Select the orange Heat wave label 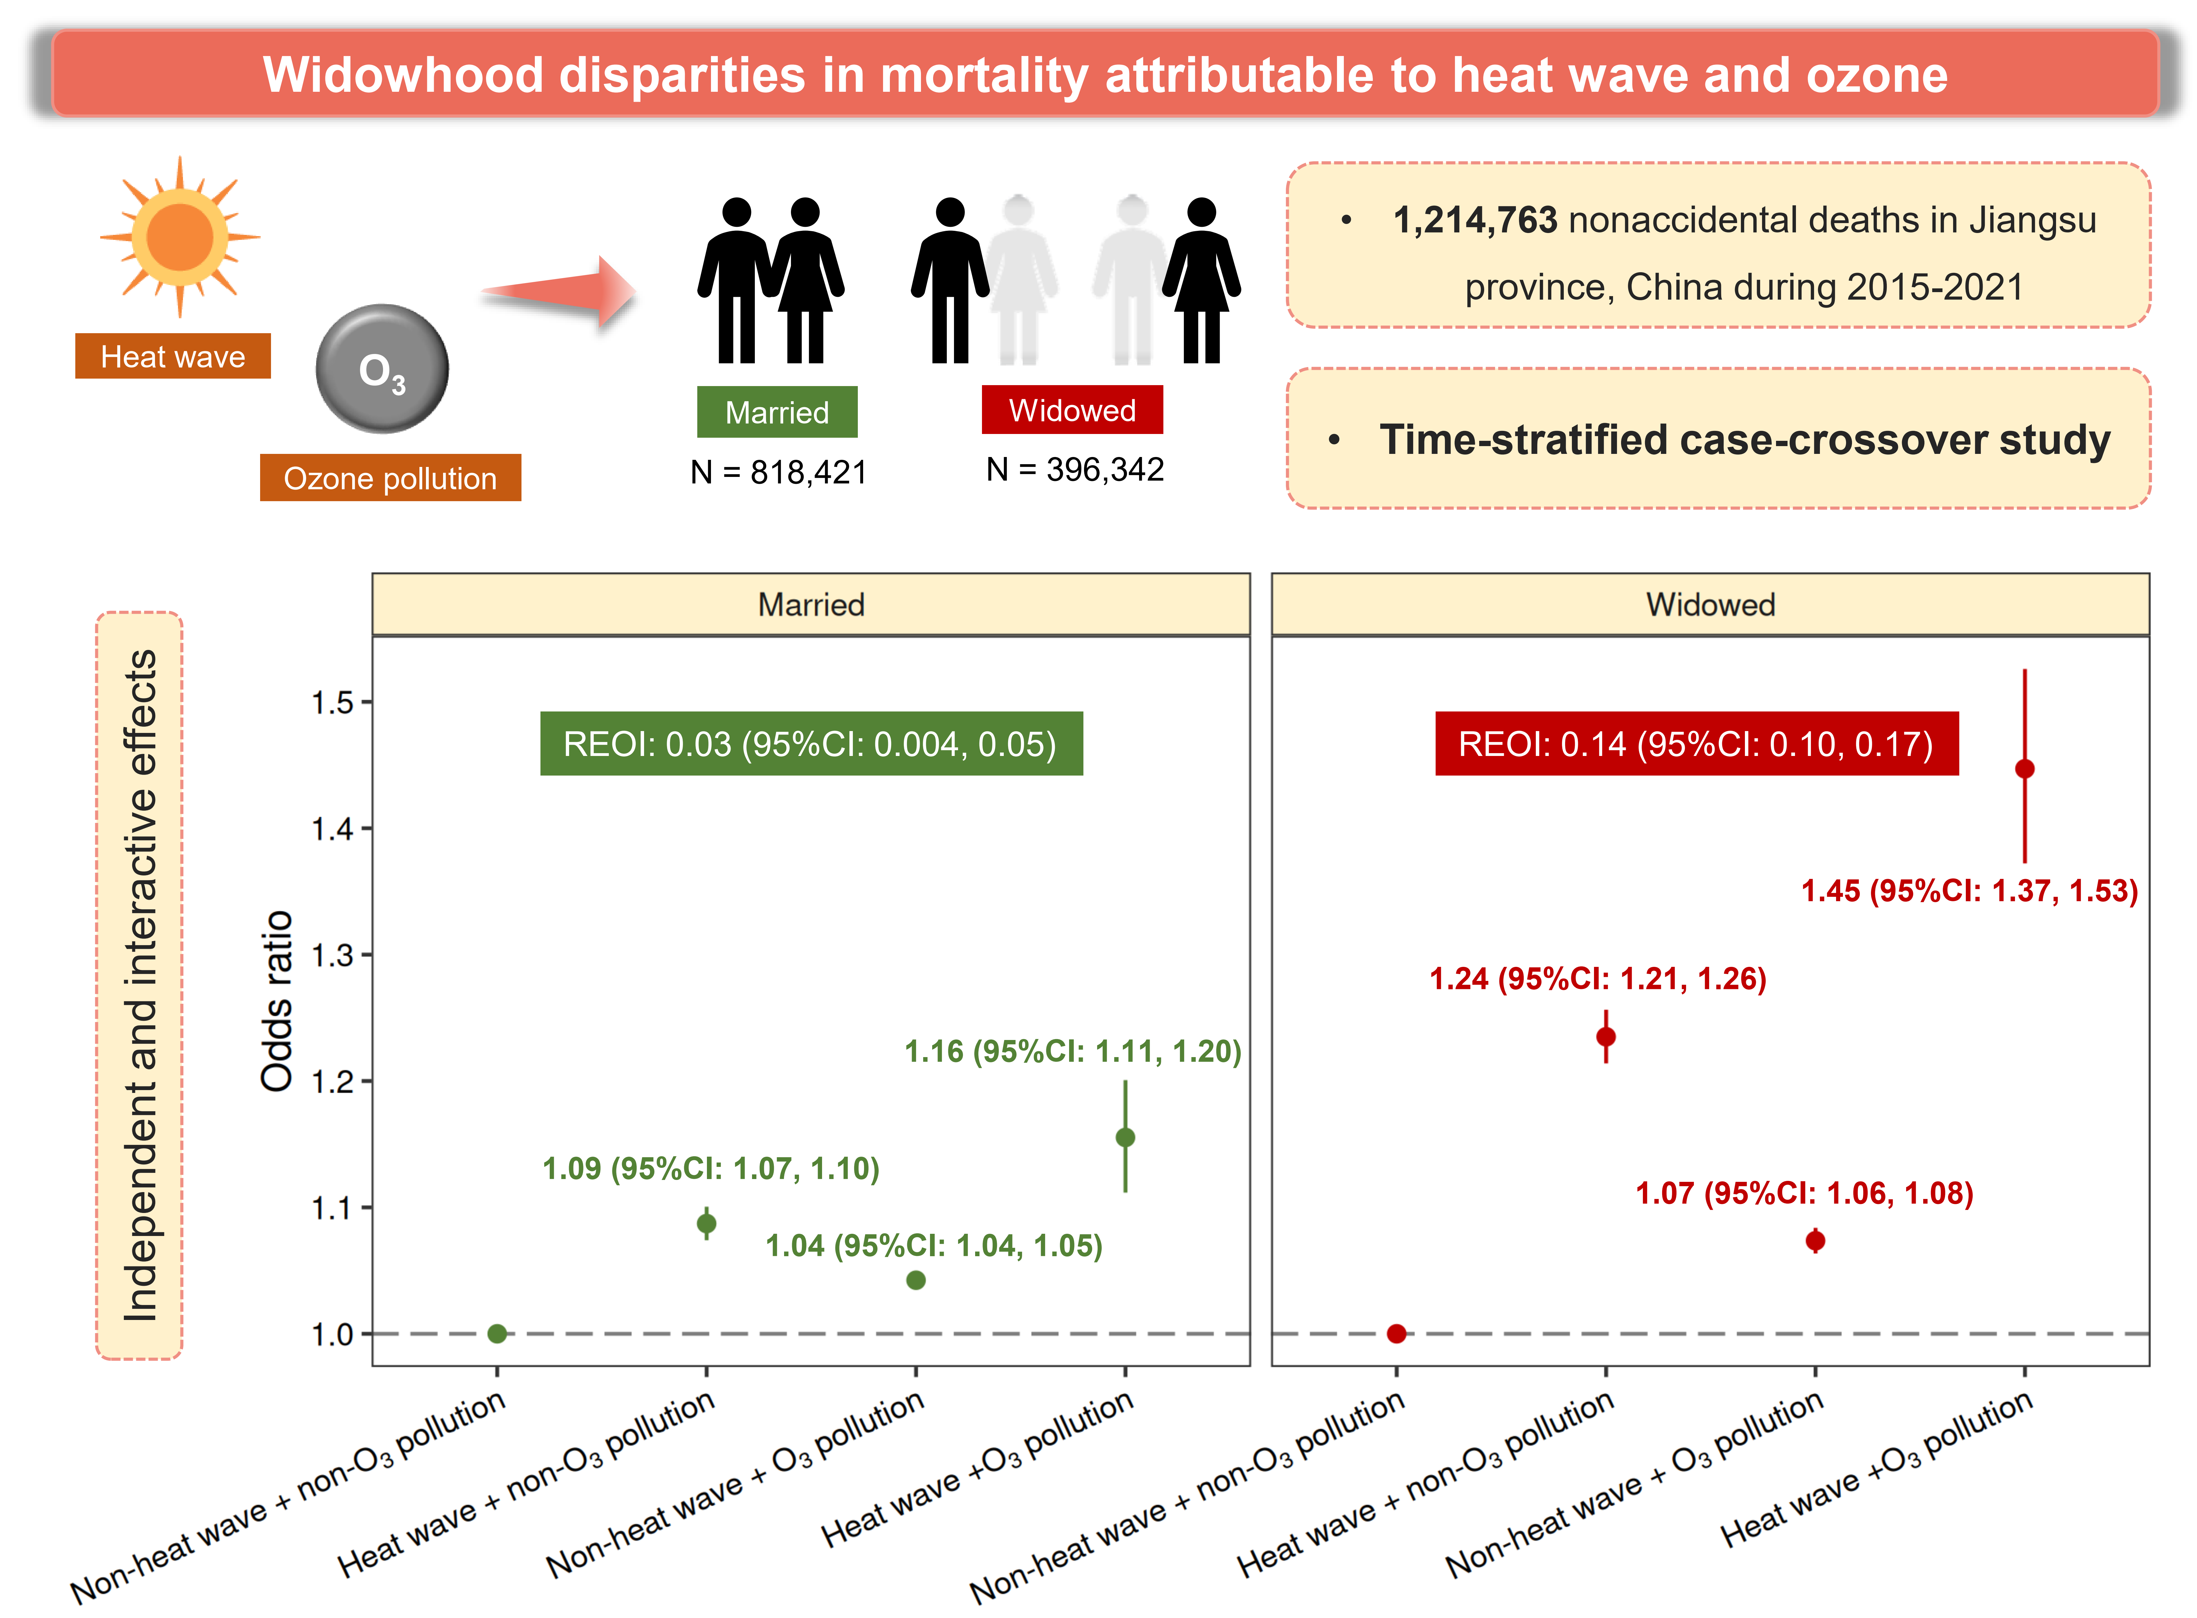172,357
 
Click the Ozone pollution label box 390,478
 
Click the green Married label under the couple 777,411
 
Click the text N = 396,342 1074,469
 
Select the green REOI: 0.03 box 811,744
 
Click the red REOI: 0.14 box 1695,744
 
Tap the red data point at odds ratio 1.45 2025,769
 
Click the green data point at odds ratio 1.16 1125,1137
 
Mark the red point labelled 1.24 1606,1036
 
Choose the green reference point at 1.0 497,1334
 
